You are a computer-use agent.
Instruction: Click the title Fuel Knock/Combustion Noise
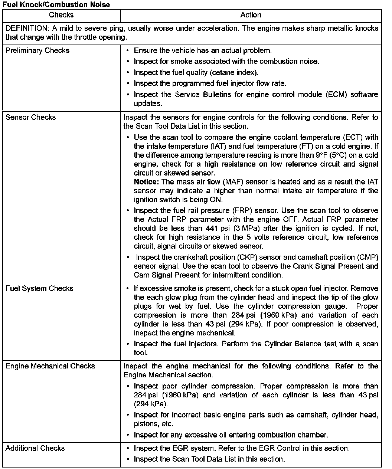tap(56, 4)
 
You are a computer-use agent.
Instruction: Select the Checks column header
tap(61, 15)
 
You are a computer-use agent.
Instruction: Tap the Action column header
tap(251, 15)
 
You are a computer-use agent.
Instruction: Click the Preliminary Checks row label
tap(37, 50)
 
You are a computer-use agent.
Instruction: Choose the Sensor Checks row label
tap(30, 117)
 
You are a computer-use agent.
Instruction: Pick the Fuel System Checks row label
tap(39, 288)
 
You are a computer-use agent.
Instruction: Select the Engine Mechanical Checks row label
tap(50, 366)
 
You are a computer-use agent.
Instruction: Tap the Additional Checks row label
tap(35, 448)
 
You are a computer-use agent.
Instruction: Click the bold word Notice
tap(146, 182)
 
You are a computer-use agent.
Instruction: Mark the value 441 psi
tap(218, 228)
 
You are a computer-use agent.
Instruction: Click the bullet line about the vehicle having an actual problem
tap(203, 50)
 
